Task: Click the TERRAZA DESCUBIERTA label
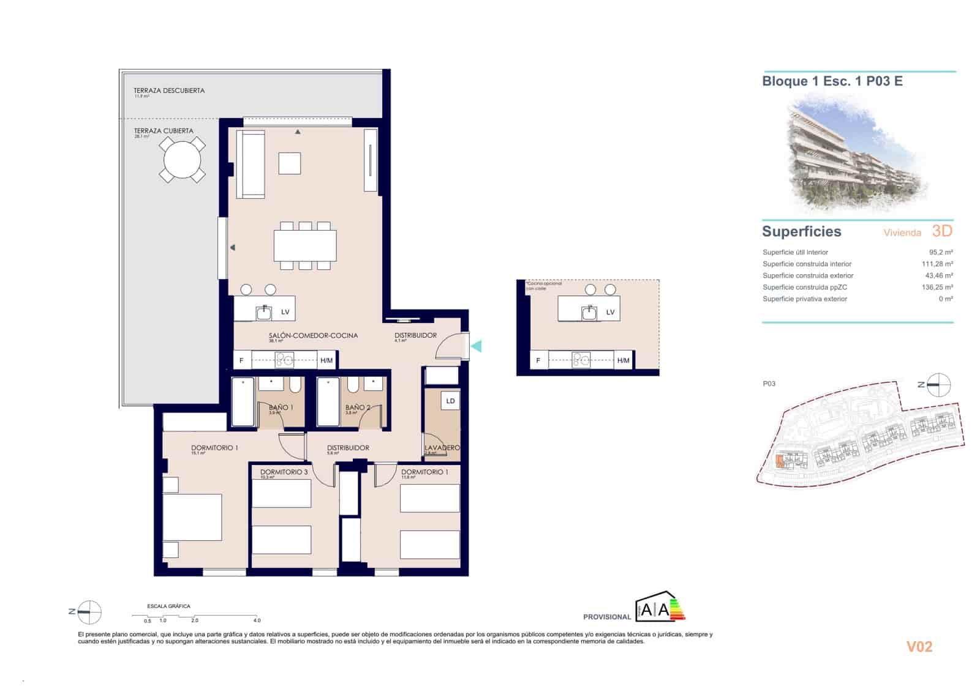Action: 169,91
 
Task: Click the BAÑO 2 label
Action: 358,407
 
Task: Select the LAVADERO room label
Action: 442,448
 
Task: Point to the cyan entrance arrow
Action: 476,346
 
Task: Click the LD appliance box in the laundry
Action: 450,401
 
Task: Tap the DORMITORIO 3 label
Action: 284,472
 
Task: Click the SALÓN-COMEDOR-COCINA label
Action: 313,335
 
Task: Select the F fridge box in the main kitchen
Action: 241,360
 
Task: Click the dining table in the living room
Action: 305,245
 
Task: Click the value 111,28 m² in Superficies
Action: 937,264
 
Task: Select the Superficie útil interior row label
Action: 795,252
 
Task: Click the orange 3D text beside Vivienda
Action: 942,231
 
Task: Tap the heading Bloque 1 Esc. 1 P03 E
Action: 832,81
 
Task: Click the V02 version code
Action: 919,647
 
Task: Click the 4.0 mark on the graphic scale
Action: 257,620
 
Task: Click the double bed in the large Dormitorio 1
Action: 192,518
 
